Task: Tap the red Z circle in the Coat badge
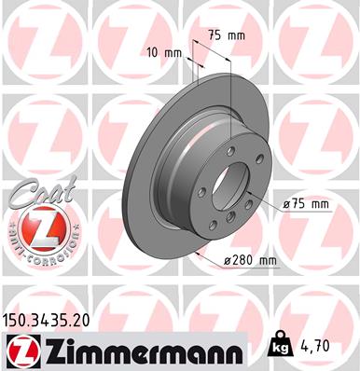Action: pyautogui.click(x=35, y=227)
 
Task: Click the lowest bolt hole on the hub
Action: pyautogui.click(x=214, y=225)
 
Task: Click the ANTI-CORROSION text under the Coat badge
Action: pyautogui.click(x=35, y=254)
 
